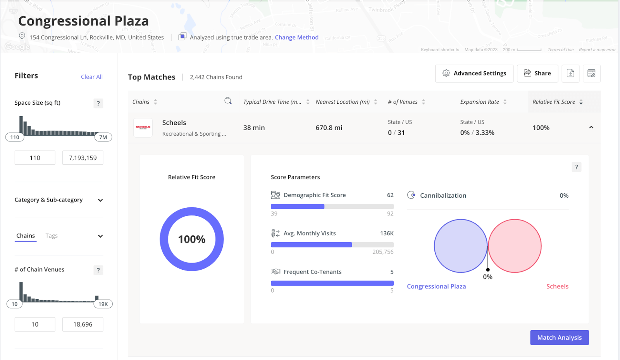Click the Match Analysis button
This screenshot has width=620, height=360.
coord(559,338)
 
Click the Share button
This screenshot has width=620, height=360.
coord(537,73)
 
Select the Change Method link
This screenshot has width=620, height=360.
coord(296,38)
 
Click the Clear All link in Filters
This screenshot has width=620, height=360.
coord(92,77)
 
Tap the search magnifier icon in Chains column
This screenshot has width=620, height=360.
coord(228,101)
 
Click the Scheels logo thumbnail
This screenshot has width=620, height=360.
coord(143,127)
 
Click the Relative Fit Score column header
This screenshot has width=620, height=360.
coord(554,102)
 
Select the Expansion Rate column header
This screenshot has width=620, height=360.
coord(479,102)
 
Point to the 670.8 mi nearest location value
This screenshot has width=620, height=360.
coord(329,128)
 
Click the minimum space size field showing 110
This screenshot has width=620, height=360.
coord(35,158)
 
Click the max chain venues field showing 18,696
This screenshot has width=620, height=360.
coord(83,324)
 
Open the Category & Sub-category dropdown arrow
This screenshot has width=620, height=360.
coord(100,200)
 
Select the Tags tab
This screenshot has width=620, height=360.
coord(52,236)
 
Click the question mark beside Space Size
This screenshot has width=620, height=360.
coord(98,103)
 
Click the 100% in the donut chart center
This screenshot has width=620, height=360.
coord(192,239)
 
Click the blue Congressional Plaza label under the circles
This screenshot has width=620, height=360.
coord(436,286)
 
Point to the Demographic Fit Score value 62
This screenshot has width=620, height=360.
coord(390,195)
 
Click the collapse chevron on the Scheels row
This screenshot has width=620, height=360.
coord(591,127)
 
